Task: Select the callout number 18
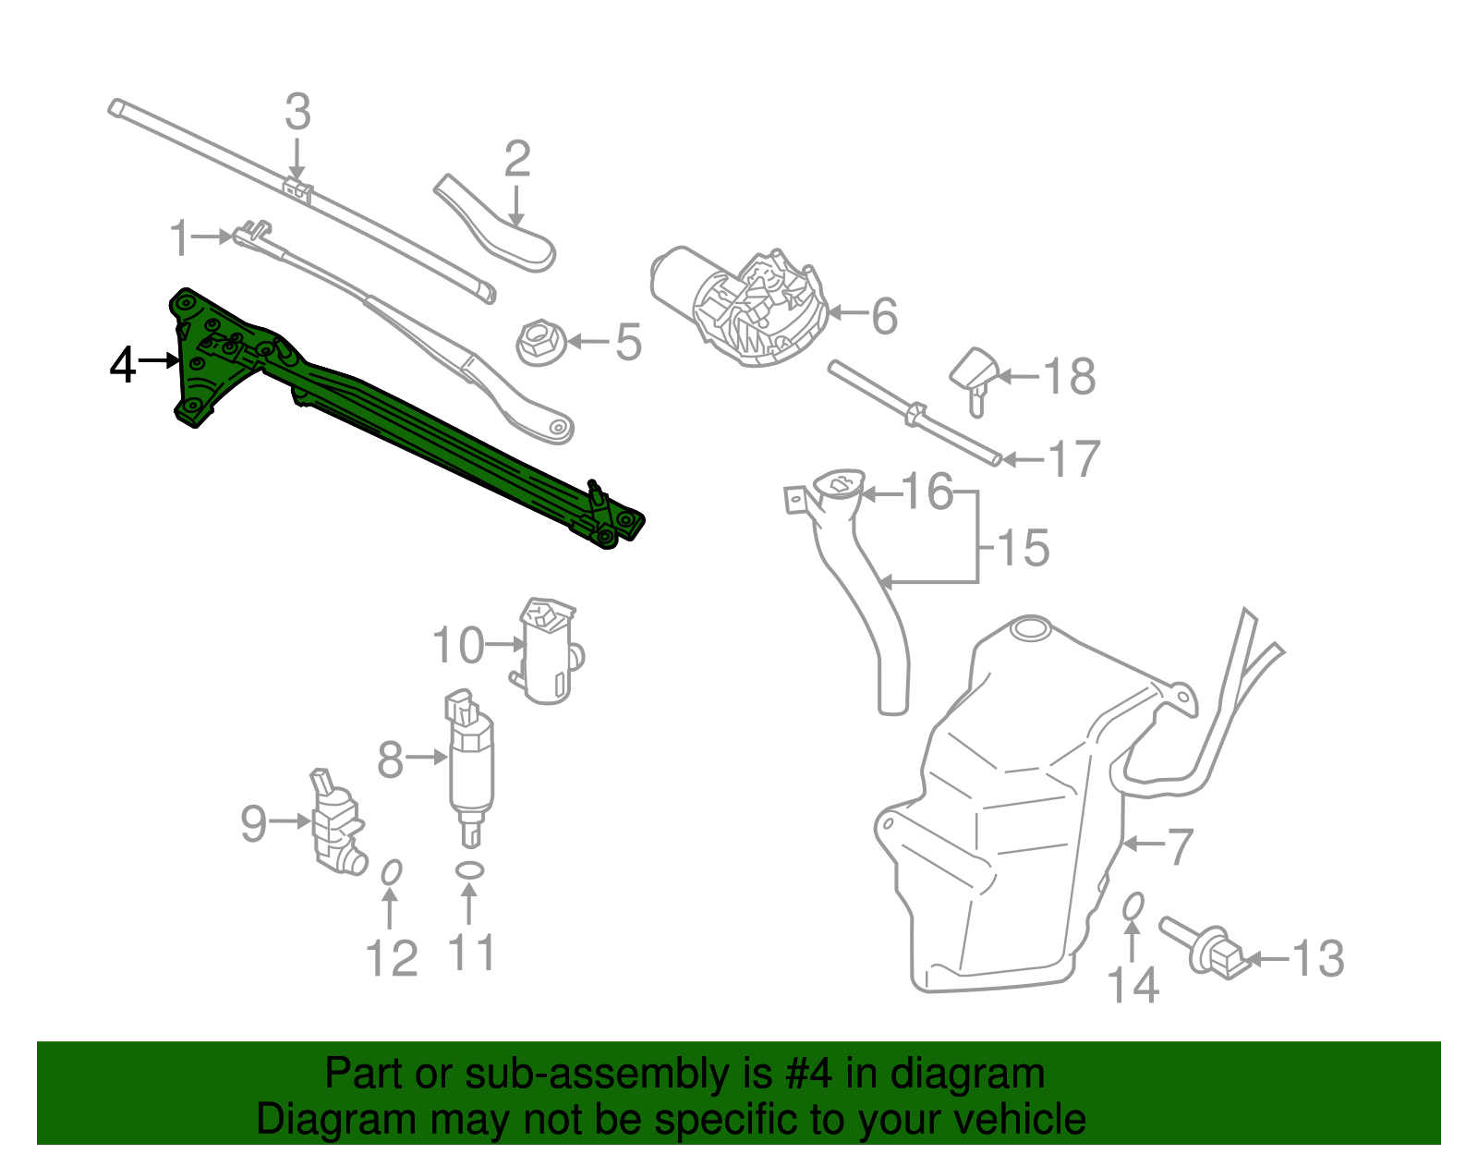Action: tap(1070, 377)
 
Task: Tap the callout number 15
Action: tap(1024, 548)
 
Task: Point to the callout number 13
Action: tap(1317, 959)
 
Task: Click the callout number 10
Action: tap(458, 645)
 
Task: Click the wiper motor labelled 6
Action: tap(739, 305)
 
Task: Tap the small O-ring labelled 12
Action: tap(392, 871)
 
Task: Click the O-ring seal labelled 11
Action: tap(470, 869)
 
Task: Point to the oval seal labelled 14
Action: tap(1133, 906)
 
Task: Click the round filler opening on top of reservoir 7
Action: tap(1030, 630)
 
